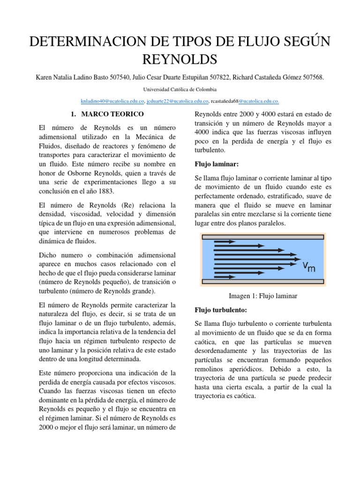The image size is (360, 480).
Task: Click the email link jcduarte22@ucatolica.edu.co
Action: [177, 101]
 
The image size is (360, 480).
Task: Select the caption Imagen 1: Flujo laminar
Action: [263, 296]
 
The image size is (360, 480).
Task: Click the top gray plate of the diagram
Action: [263, 236]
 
